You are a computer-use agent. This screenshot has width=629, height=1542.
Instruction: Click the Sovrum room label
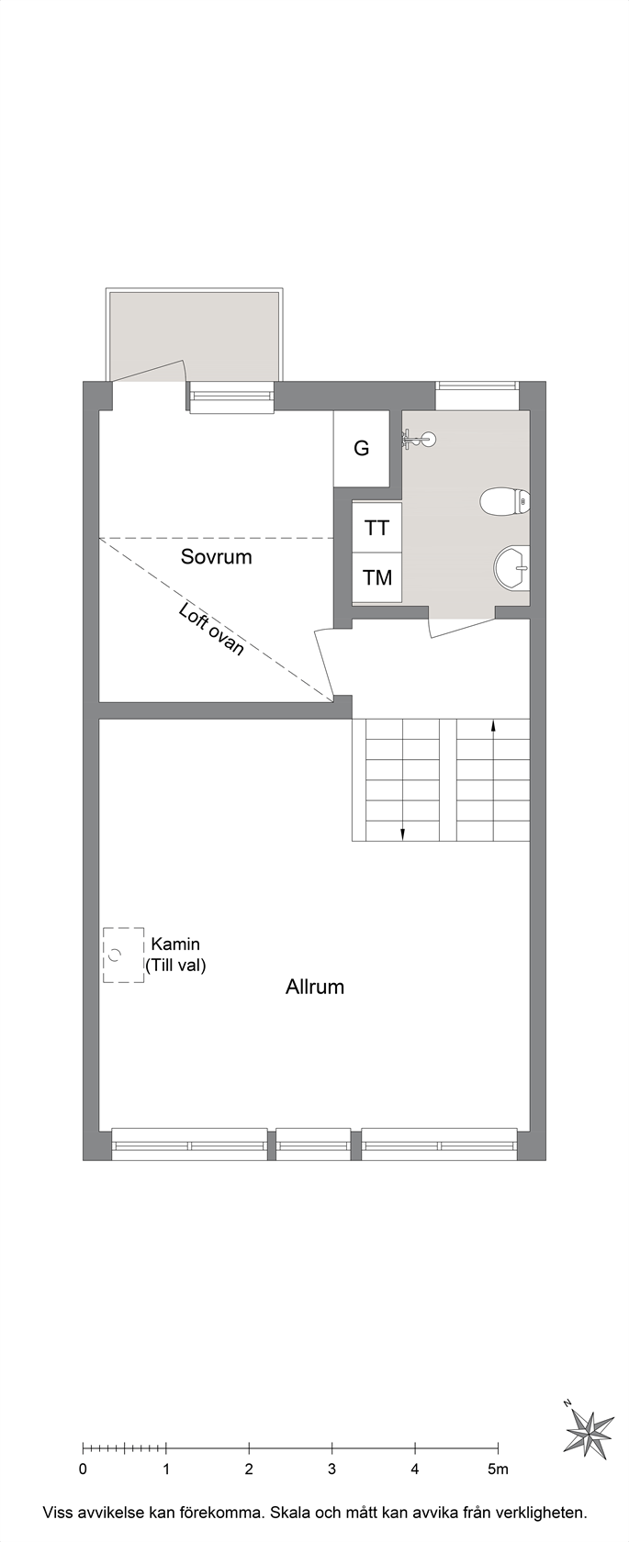pyautogui.click(x=216, y=557)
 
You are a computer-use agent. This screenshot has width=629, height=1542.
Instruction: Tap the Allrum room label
pyautogui.click(x=314, y=988)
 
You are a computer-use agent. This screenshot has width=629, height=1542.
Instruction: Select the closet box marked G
pyautogui.click(x=362, y=449)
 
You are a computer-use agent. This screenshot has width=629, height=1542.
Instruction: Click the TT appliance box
pyautogui.click(x=376, y=528)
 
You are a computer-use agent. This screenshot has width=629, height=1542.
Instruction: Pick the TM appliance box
pyautogui.click(x=376, y=577)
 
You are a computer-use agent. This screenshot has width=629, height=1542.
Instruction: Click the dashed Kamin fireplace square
pyautogui.click(x=123, y=955)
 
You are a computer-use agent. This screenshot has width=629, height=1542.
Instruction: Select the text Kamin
pyautogui.click(x=175, y=944)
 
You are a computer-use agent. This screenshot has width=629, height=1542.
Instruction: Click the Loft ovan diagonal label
pyautogui.click(x=211, y=630)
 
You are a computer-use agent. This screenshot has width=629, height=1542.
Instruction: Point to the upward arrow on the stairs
pyautogui.click(x=494, y=726)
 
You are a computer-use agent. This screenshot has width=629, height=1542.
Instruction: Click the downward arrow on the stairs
pyautogui.click(x=402, y=833)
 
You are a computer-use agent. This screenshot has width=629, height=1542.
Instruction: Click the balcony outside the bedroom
pyautogui.click(x=195, y=335)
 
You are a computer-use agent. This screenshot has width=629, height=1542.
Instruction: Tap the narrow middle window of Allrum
pyautogui.click(x=313, y=1145)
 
